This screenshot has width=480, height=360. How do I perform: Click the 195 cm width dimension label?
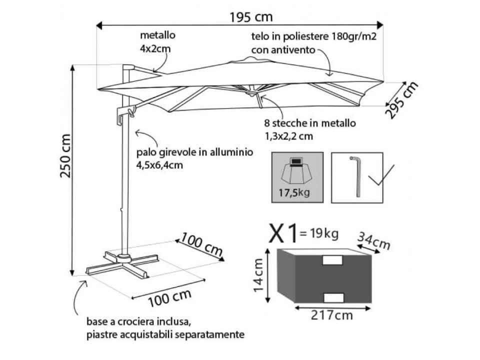point(251,16)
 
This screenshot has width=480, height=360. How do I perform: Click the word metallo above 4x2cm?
point(157,36)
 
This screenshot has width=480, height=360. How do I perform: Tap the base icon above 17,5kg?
point(297,170)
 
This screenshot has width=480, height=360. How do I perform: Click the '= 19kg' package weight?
point(318,232)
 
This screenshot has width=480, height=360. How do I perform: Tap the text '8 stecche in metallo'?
point(310,123)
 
